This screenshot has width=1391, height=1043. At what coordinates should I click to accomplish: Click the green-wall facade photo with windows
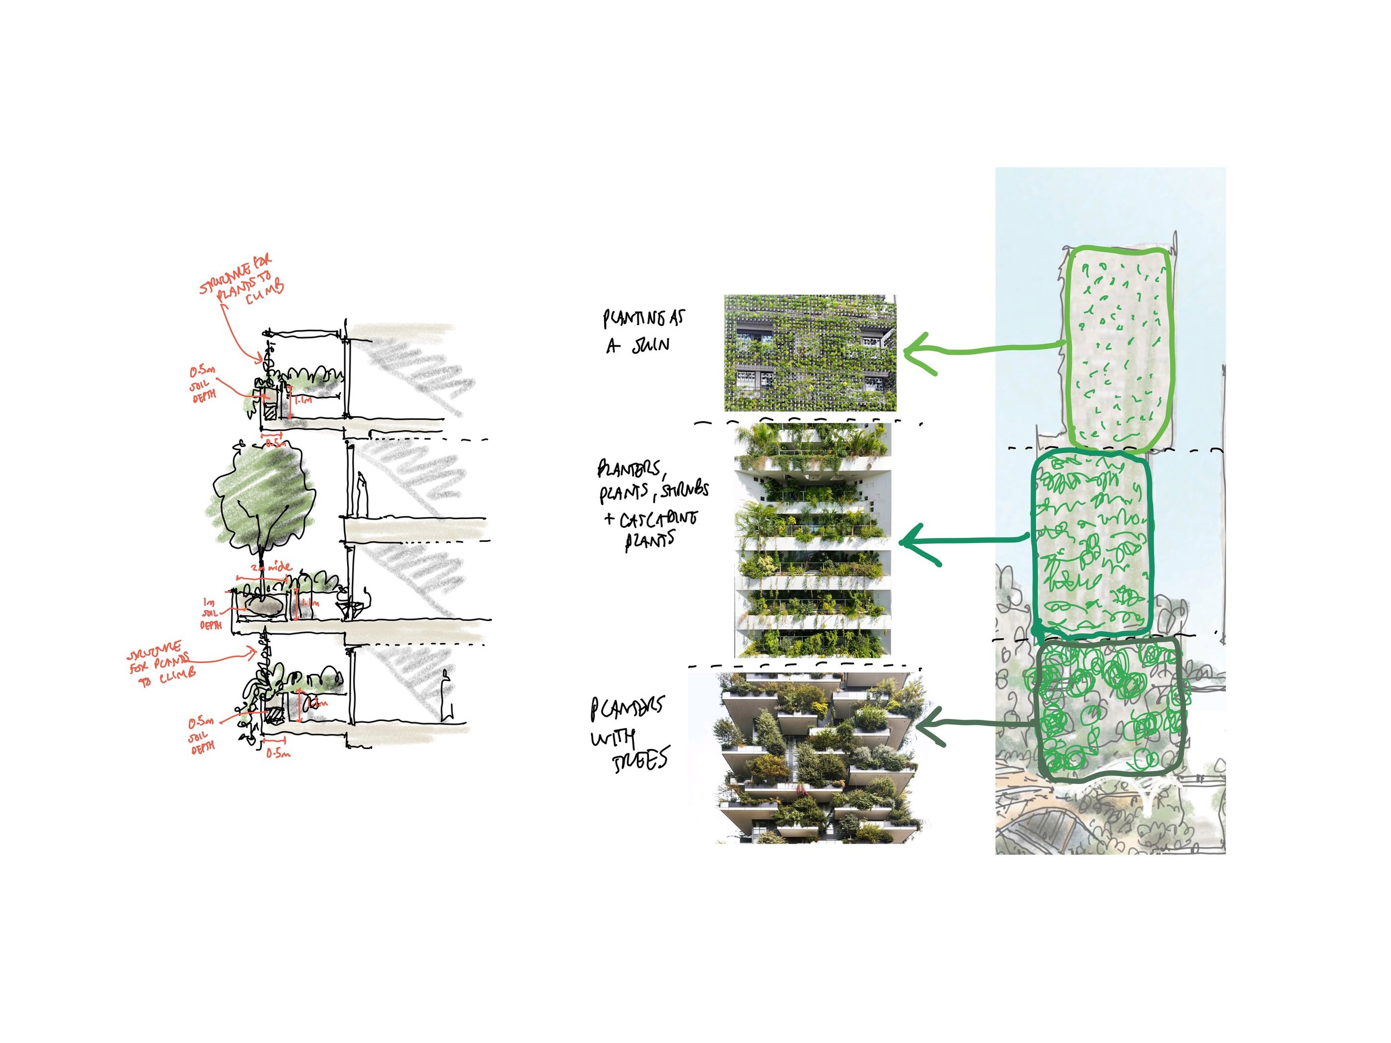click(x=810, y=353)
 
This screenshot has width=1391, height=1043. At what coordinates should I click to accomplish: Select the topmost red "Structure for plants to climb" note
click(x=242, y=282)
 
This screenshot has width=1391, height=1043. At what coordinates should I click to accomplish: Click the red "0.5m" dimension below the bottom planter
click(x=277, y=753)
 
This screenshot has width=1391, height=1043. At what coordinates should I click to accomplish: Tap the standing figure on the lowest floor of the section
click(x=447, y=696)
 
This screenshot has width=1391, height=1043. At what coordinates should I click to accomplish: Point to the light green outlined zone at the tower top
click(x=1118, y=349)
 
